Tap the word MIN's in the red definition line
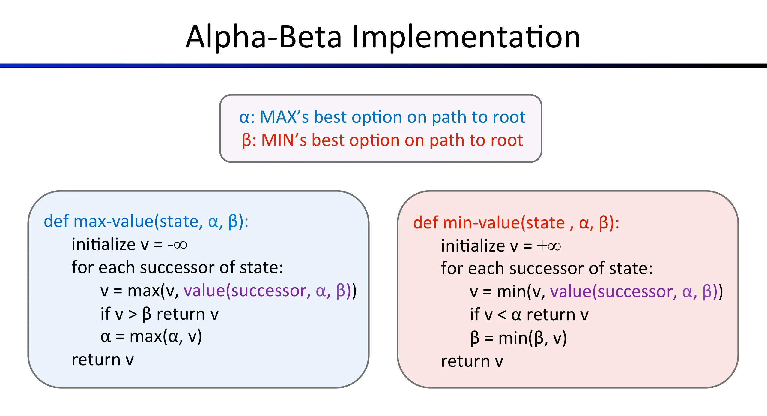click(284, 140)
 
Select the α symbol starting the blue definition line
click(244, 117)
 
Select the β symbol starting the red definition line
click(246, 140)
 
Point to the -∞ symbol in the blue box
click(178, 245)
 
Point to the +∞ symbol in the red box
click(549, 246)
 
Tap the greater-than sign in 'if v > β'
click(133, 314)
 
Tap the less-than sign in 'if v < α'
click(502, 315)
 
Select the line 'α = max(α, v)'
click(151, 337)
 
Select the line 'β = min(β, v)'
click(518, 338)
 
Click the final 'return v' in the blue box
click(103, 360)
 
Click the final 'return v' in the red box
click(472, 361)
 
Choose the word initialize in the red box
click(473, 246)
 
